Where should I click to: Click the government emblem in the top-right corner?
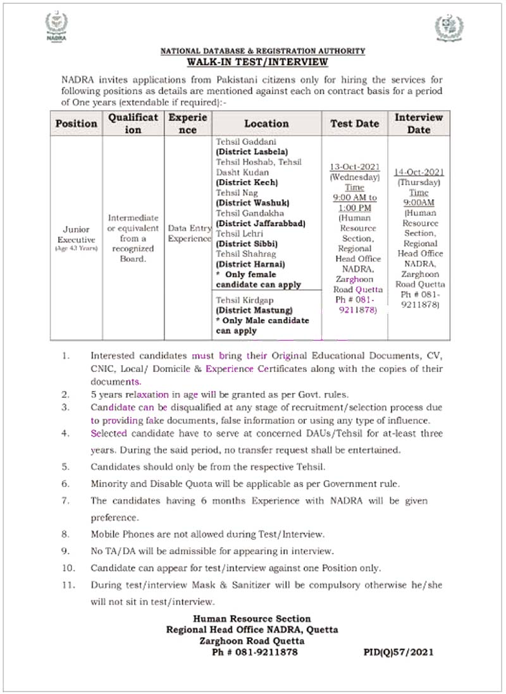[448, 28]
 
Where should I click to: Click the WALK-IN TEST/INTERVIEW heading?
[257, 61]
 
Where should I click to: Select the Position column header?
[77, 123]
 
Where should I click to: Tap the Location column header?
[266, 123]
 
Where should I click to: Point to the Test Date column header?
[355, 123]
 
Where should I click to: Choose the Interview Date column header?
[419, 123]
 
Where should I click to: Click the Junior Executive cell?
[76, 235]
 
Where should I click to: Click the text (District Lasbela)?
[252, 152]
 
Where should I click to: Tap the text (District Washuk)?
[252, 202]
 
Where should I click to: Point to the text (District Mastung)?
[254, 310]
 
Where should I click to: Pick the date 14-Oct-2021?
[419, 171]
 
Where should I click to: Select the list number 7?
[65, 500]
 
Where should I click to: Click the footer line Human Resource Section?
[252, 618]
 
